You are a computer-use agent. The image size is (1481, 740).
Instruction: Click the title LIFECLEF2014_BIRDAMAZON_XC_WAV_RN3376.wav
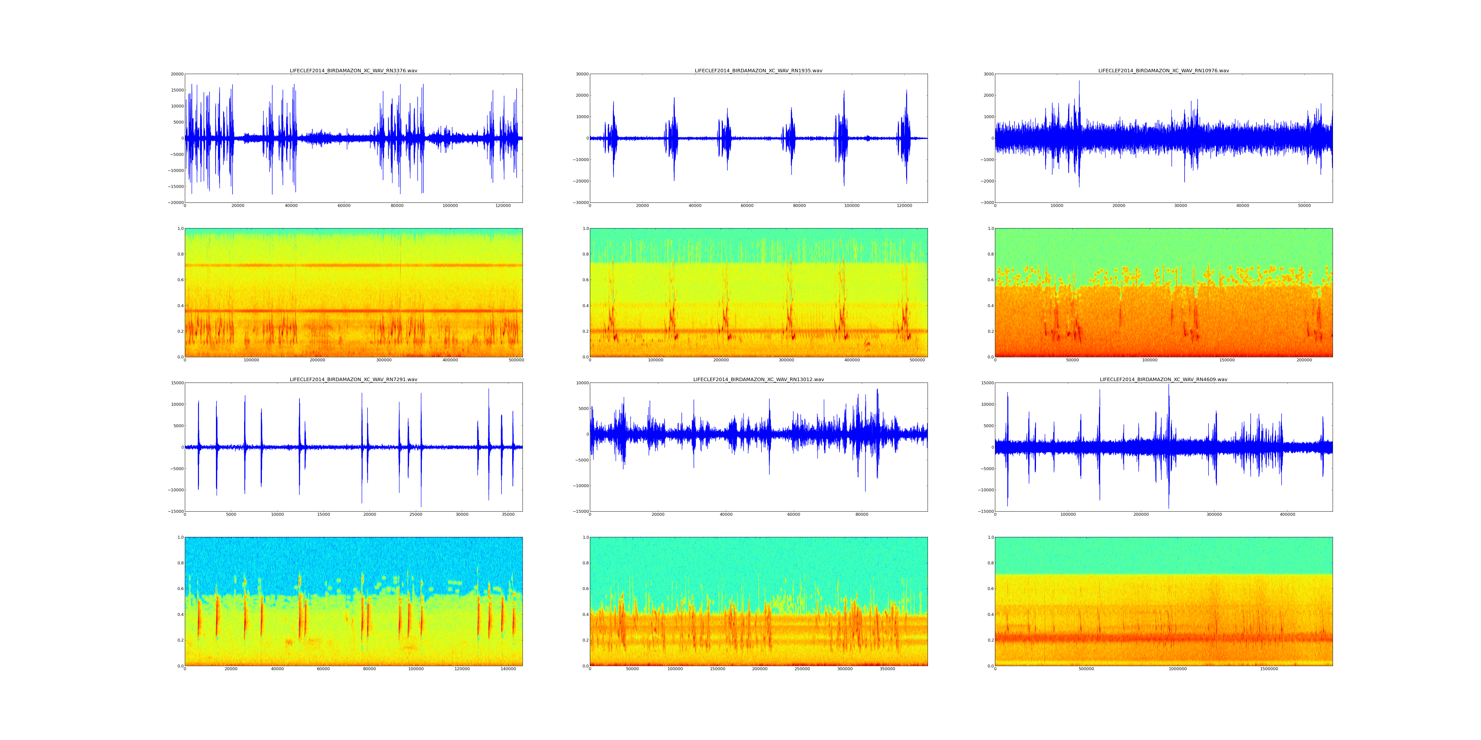pyautogui.click(x=353, y=71)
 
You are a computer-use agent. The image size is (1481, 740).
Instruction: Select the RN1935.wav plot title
pyautogui.click(x=758, y=71)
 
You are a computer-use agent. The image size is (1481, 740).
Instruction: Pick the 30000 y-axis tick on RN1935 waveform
pyautogui.click(x=581, y=74)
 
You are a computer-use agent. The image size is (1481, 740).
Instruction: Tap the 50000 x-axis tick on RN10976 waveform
pyautogui.click(x=1305, y=206)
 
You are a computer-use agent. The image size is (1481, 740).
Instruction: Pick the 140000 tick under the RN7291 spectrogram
pyautogui.click(x=508, y=669)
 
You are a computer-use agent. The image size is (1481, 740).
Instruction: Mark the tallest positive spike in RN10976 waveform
pyautogui.click(x=1079, y=82)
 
